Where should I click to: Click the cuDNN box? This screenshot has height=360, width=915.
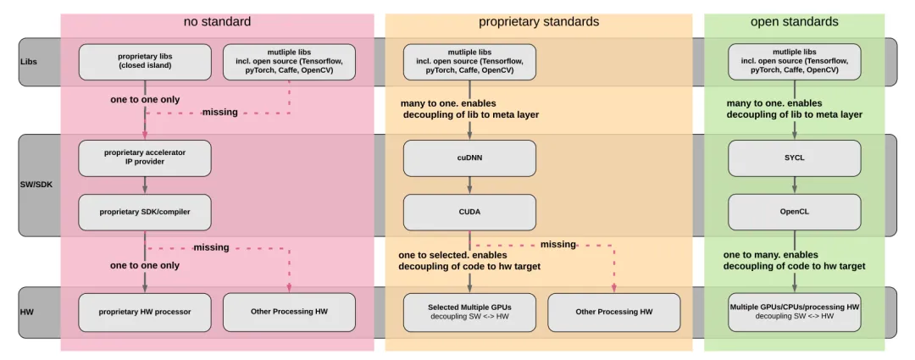(469, 158)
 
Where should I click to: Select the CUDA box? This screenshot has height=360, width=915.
(469, 212)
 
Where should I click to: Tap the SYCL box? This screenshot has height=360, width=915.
(794, 158)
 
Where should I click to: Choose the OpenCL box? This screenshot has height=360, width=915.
(794, 212)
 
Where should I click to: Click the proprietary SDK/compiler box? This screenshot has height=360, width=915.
(145, 212)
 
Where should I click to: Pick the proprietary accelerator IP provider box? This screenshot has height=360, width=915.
(145, 158)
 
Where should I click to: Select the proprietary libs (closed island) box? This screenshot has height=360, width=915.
(145, 61)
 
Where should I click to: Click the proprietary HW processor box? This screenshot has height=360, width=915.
(145, 312)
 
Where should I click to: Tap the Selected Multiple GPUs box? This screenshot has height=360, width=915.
(469, 312)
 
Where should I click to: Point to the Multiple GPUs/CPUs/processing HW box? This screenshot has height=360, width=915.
(794, 312)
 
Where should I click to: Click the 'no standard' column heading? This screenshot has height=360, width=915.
(217, 21)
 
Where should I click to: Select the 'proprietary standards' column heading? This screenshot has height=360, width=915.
(539, 21)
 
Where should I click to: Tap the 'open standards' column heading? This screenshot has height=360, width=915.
(794, 21)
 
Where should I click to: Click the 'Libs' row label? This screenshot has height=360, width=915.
(29, 62)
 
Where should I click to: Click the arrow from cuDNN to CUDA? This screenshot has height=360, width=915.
(469, 185)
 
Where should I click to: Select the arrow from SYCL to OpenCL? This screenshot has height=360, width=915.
(794, 185)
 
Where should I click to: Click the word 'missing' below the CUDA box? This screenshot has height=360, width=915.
(558, 245)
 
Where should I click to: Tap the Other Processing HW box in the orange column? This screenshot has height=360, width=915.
(614, 312)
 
